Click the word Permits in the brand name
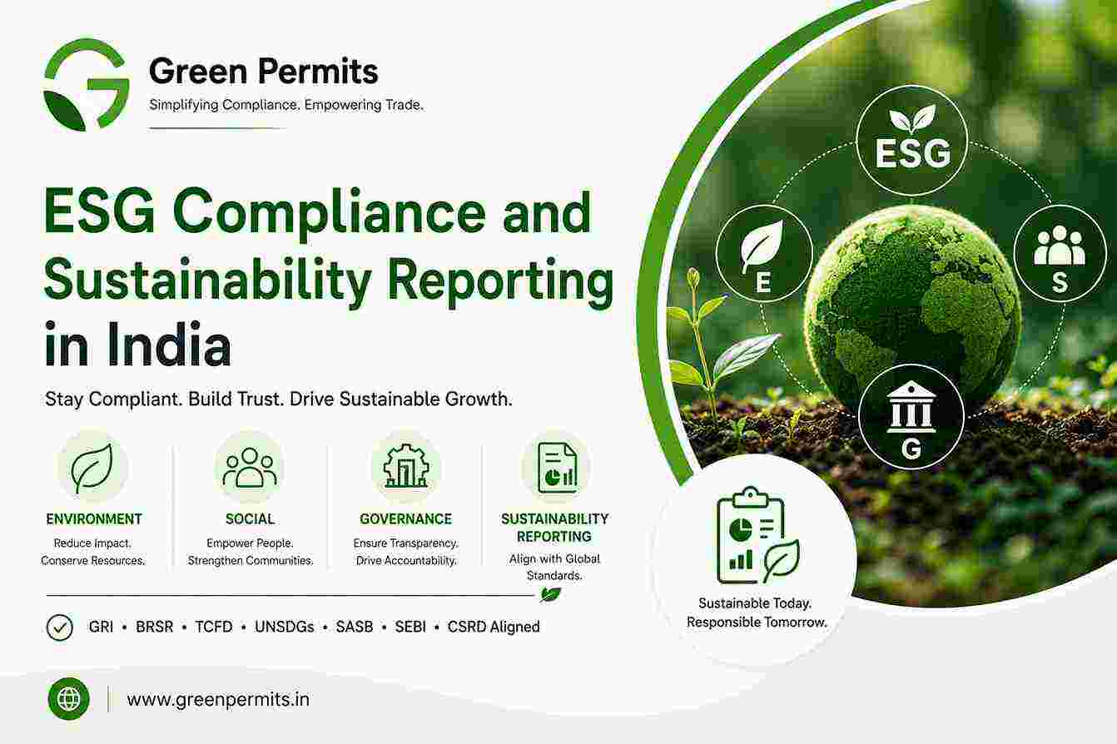[318, 72]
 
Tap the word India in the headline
[168, 345]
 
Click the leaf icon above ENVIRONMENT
[92, 469]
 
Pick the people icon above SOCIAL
[250, 468]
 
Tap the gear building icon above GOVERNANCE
[405, 466]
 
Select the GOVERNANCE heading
[405, 519]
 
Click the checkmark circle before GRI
[59, 627]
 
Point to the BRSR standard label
[155, 627]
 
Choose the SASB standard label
[355, 627]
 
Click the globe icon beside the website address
[69, 699]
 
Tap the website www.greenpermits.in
[218, 700]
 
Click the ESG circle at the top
[912, 141]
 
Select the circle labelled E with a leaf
[764, 253]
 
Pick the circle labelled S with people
[1060, 254]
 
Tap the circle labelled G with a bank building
[911, 418]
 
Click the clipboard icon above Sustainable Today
[757, 536]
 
